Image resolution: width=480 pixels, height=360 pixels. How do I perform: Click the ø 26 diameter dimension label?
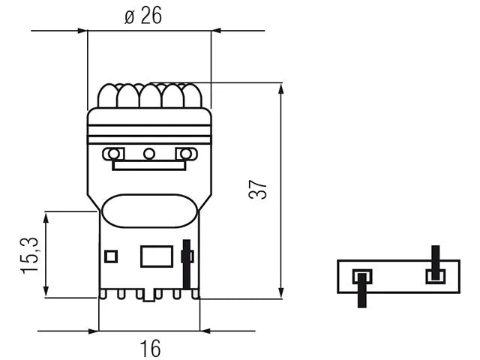(x=143, y=16)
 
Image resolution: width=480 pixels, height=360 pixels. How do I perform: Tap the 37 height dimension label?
(x=258, y=190)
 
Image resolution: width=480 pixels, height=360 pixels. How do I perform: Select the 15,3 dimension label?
(x=30, y=255)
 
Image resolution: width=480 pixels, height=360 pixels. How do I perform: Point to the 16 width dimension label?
(x=150, y=348)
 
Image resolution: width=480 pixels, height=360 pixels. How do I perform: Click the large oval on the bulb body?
(x=149, y=211)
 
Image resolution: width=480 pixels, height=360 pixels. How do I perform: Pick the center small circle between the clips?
(x=149, y=154)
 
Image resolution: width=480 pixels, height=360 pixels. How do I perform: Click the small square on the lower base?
(x=111, y=256)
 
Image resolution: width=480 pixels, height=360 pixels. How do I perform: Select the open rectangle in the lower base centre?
(x=157, y=256)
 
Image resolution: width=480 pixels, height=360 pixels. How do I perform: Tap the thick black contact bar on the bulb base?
(x=187, y=265)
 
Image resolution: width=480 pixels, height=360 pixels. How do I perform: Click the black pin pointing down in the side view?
(x=362, y=290)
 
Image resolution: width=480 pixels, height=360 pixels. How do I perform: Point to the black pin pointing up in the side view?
(x=435, y=262)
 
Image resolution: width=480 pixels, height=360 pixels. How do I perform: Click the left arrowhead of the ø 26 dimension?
(x=82, y=31)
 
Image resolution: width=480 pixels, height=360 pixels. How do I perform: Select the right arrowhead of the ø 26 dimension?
(x=217, y=31)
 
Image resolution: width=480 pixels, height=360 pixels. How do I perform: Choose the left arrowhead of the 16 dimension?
(x=93, y=331)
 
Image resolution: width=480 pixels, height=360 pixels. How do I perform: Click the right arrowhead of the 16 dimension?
(x=205, y=331)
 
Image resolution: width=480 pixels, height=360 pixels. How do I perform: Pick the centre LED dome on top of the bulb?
(x=150, y=96)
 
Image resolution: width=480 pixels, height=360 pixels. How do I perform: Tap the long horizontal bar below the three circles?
(x=149, y=165)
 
